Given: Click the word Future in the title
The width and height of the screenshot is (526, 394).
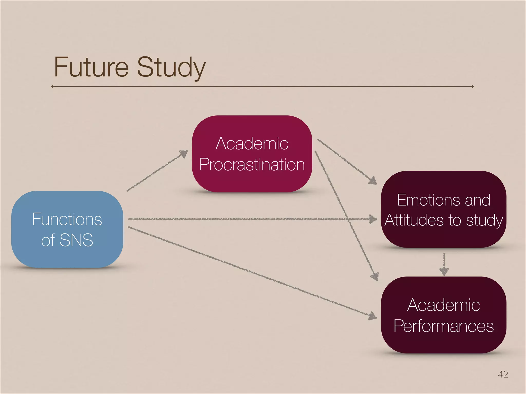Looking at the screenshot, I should [91, 67].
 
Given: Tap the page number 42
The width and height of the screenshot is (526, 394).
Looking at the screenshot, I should [503, 374].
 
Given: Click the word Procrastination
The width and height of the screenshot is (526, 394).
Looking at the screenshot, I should [252, 164].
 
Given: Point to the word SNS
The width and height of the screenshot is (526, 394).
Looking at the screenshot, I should [76, 240].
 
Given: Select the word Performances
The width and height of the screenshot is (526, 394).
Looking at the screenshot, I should [444, 326].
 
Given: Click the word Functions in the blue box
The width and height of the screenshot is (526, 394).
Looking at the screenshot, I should [67, 219].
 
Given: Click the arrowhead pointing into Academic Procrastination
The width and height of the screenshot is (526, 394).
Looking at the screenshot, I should [184, 154].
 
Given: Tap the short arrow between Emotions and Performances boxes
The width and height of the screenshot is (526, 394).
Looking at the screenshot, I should [444, 264].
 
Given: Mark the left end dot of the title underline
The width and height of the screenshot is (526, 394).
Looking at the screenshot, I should [52, 86].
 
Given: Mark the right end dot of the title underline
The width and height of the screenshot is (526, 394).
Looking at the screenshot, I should [473, 86].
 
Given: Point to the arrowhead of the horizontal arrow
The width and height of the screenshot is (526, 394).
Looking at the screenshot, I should [373, 219].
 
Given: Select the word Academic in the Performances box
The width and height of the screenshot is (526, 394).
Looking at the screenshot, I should [444, 305].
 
